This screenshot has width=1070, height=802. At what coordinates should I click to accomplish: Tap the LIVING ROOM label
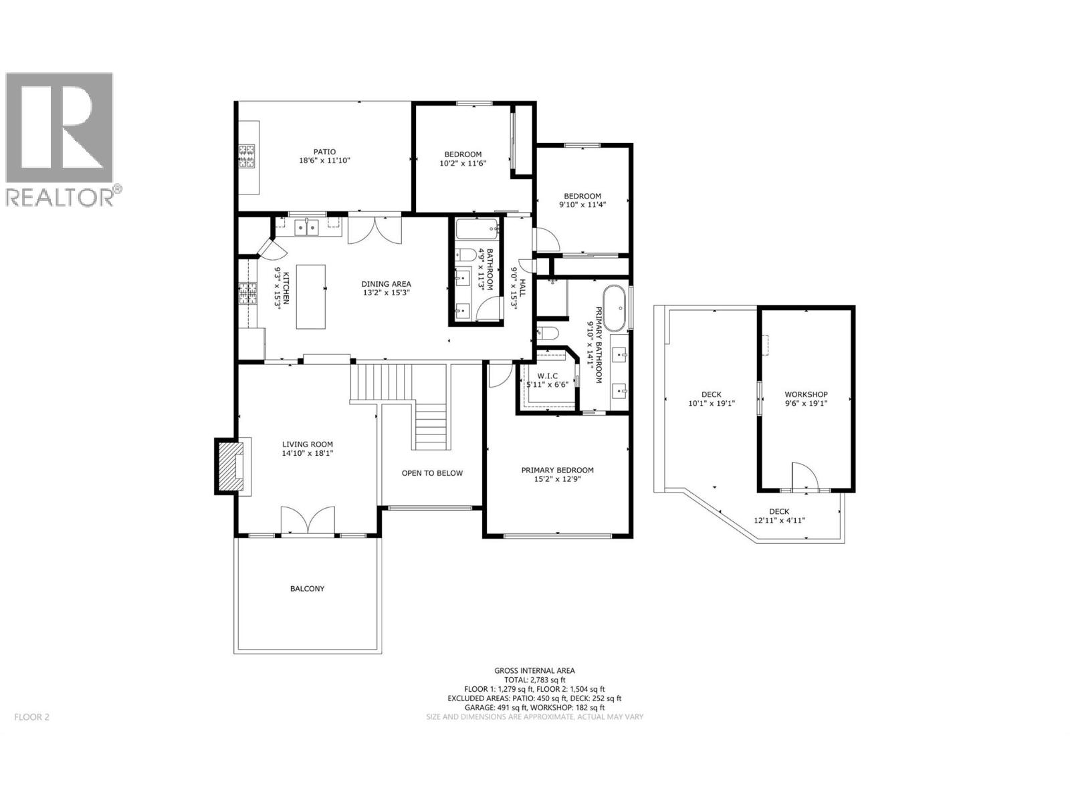[x=307, y=444]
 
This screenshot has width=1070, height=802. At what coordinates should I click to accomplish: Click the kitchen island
[x=311, y=296]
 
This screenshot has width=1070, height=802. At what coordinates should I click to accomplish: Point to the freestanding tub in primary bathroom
[x=615, y=307]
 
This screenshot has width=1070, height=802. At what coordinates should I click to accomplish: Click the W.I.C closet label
[x=547, y=376]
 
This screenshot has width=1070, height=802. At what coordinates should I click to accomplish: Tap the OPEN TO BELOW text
[x=432, y=473]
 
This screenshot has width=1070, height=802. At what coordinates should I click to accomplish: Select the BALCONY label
[x=307, y=589]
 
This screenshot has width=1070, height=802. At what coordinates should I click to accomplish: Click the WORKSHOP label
[x=806, y=394]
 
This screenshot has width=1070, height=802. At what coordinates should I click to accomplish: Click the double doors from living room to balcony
[x=307, y=521]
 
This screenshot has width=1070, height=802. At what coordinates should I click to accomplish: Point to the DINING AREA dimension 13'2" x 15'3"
[x=386, y=292]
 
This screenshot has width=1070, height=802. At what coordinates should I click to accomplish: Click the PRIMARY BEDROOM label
[x=557, y=470]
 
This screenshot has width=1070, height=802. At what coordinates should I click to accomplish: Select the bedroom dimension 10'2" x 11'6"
[x=461, y=163]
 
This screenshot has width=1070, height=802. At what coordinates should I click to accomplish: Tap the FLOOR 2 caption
[x=31, y=717]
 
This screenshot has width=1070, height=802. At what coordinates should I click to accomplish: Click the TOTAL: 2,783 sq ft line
[x=534, y=680]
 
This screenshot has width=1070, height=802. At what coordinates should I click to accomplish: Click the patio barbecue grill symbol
[x=248, y=156]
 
